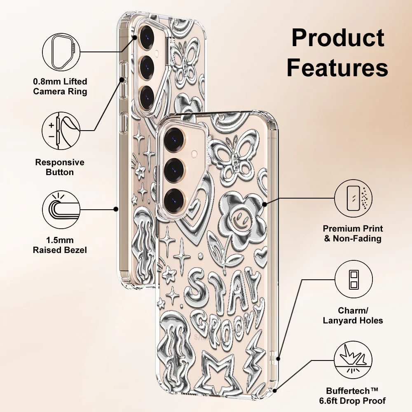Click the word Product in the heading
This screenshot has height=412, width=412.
click(338, 38)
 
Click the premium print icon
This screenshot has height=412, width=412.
click(353, 198)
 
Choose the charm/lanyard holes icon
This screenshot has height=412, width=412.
click(353, 279)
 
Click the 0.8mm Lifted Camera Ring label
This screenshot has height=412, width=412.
click(60, 87)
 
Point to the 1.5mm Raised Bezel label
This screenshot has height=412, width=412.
click(60, 245)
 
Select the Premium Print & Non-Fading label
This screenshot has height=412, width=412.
click(353, 234)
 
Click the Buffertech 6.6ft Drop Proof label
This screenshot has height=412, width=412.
click(356, 396)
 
